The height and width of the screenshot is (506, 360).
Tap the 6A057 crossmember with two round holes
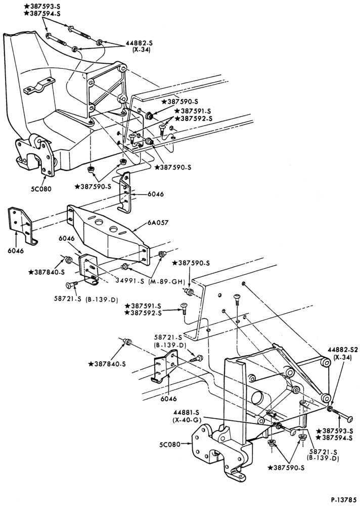click(x=108, y=234)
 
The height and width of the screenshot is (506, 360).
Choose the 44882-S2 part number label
click(x=343, y=350)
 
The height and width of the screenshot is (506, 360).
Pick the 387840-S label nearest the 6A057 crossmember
click(x=47, y=272)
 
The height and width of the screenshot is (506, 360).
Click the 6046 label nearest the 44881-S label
click(x=169, y=399)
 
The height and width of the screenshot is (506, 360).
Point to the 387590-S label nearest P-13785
click(x=287, y=467)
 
